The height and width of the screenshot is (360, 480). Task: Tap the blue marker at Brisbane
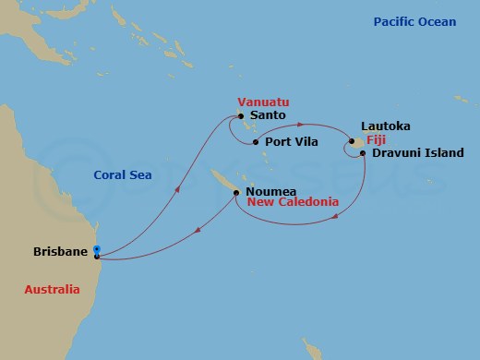[97, 251]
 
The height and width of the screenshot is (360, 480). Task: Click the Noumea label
[270, 192]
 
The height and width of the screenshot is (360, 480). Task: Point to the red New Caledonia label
[293, 202]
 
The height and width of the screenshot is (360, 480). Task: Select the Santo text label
[268, 115]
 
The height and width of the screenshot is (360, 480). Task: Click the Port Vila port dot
[256, 142]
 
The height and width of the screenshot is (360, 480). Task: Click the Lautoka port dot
[352, 141]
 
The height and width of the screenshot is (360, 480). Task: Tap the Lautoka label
[387, 125]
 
